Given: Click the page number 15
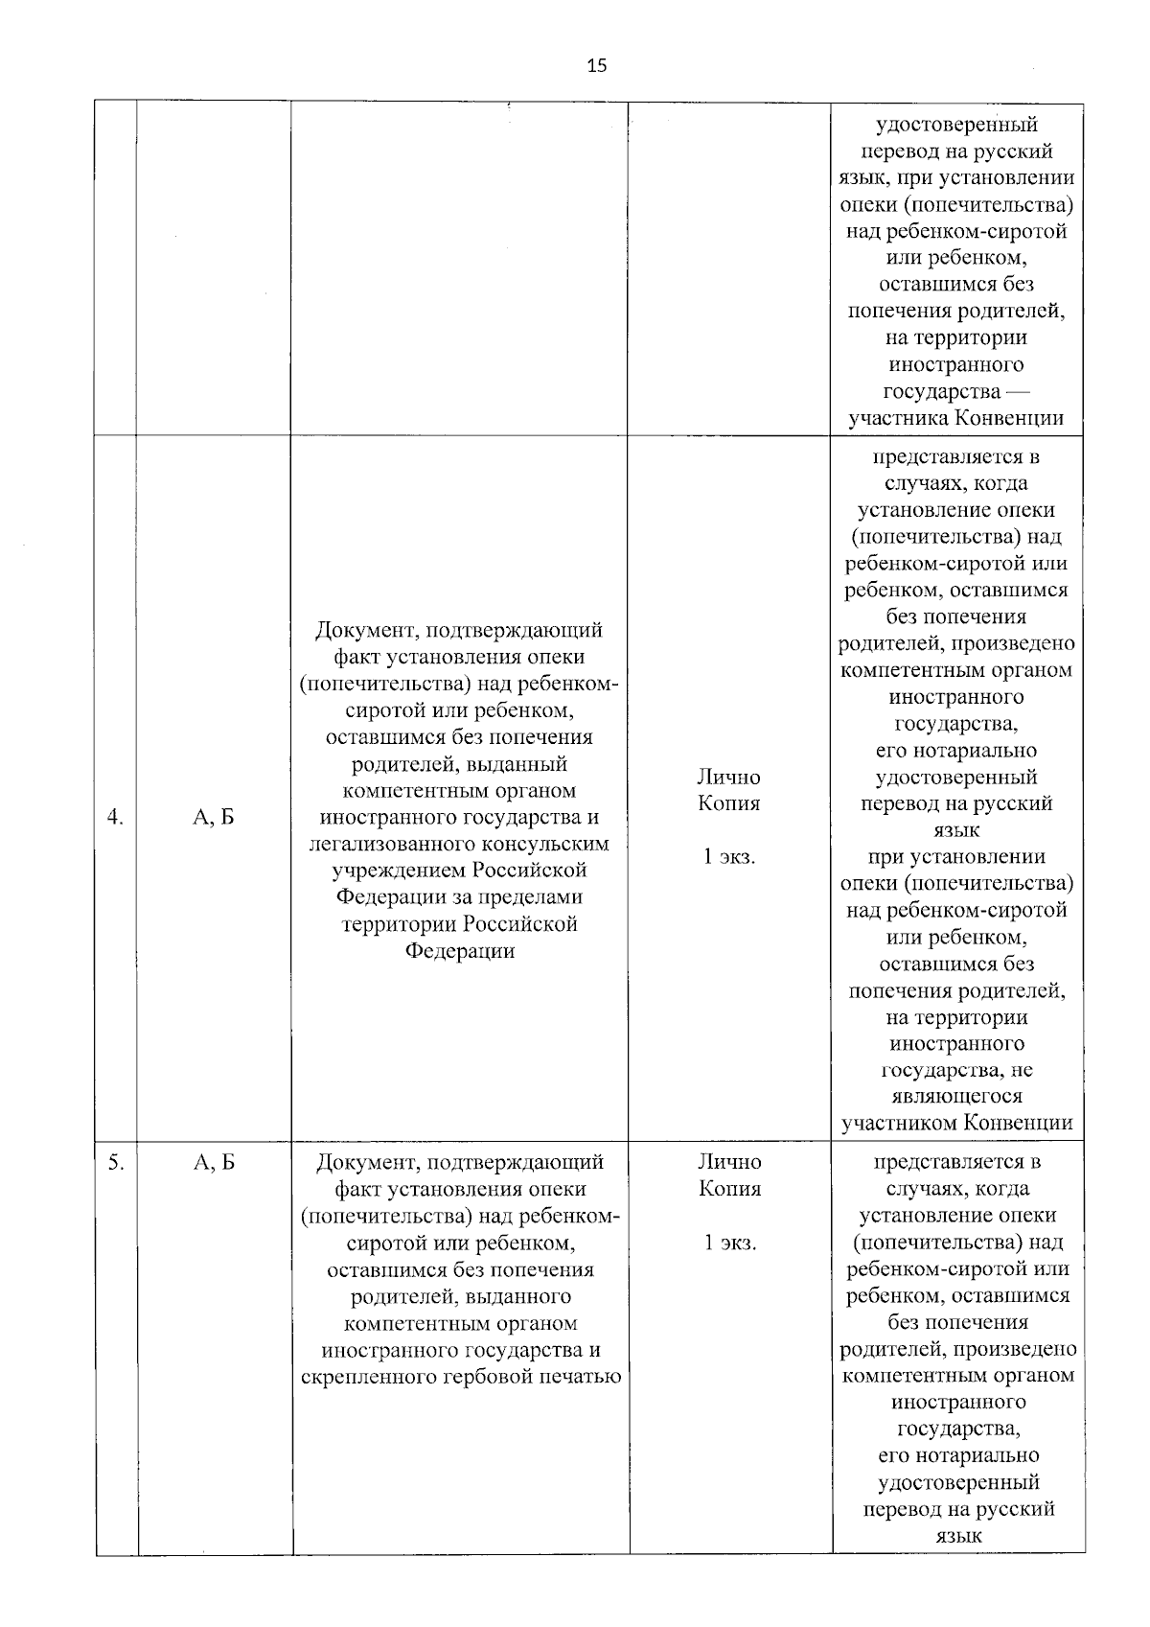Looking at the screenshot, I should [x=596, y=66].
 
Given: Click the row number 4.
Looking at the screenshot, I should [x=115, y=818].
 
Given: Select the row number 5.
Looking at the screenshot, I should [x=115, y=1163].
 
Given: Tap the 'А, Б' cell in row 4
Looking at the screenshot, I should [x=213, y=818].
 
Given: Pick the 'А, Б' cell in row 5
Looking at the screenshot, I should [x=213, y=1163].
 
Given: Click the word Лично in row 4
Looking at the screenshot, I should [x=728, y=778].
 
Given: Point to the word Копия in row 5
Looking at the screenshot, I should [x=729, y=1190].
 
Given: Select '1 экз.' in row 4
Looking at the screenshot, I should [x=729, y=857].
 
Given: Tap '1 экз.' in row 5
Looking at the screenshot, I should [x=729, y=1243].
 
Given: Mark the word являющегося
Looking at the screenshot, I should [x=955, y=1097].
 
